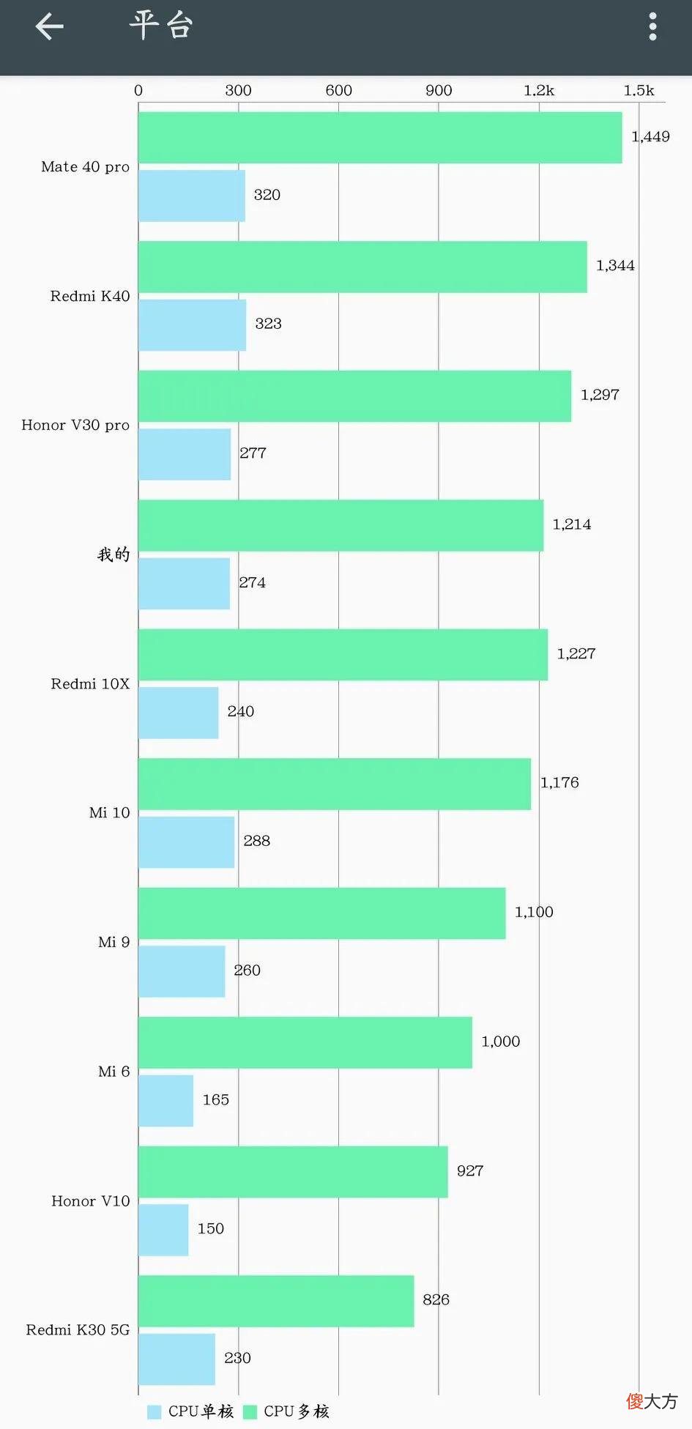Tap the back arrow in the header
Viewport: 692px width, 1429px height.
coord(49,27)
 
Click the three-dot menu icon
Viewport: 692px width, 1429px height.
coord(652,27)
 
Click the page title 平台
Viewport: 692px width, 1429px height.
coord(161,26)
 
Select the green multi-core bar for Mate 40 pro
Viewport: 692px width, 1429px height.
coord(380,138)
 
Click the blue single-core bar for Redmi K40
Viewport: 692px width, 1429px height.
coord(192,325)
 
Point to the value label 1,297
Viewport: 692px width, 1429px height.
coord(600,395)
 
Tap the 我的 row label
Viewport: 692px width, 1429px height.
coord(114,554)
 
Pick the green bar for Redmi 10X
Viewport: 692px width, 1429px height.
coord(343,655)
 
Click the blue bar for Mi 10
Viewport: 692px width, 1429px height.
coord(186,842)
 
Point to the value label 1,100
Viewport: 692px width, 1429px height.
coord(534,912)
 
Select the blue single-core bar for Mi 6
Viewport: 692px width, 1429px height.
coord(165,1101)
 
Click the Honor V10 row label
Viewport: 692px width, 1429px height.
coord(91,1201)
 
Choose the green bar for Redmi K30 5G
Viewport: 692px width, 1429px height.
coord(276,1302)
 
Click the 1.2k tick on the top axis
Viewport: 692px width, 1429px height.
coord(539,90)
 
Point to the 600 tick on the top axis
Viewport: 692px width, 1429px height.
coord(338,90)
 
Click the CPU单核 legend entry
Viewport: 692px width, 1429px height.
coord(190,1411)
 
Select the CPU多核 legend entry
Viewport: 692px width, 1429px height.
coord(286,1411)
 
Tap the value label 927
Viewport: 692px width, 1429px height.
coord(470,1171)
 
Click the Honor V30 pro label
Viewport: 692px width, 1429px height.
coord(75,426)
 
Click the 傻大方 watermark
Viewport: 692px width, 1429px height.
coord(652,1401)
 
